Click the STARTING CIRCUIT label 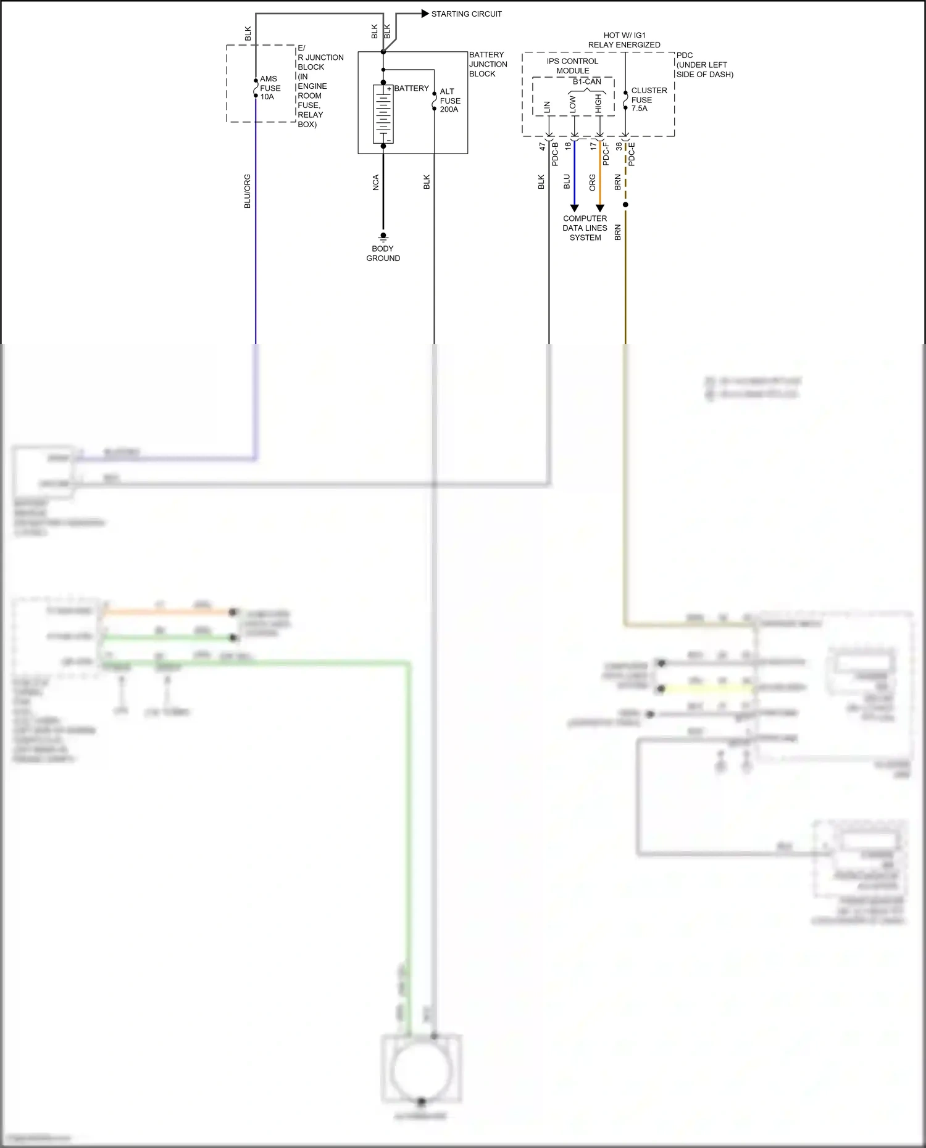(x=466, y=14)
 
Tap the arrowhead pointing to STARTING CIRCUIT (x=425, y=14)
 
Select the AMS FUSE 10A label (x=270, y=88)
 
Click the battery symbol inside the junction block (x=383, y=115)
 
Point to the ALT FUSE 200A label (x=449, y=101)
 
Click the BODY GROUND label (x=383, y=254)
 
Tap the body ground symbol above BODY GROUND (x=383, y=236)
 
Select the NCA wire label (x=375, y=183)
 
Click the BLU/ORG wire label (x=248, y=191)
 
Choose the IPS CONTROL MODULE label (x=572, y=66)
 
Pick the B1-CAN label (x=586, y=81)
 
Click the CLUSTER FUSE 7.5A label (x=648, y=99)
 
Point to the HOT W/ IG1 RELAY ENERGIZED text (x=624, y=40)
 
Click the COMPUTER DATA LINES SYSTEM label (x=585, y=228)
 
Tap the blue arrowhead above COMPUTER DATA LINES (x=574, y=208)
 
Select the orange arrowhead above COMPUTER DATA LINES (x=599, y=208)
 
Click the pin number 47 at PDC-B (x=542, y=147)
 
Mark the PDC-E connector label (x=632, y=154)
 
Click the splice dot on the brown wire (x=625, y=205)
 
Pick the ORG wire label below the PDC (x=592, y=182)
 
